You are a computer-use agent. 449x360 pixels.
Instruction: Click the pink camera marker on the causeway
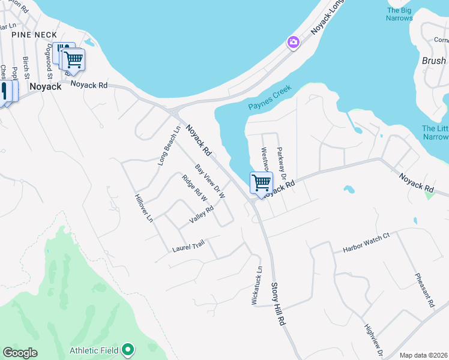294,42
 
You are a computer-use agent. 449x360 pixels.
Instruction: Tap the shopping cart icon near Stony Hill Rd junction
261,182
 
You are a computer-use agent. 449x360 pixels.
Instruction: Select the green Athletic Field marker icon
127,349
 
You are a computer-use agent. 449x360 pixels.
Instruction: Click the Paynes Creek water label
270,98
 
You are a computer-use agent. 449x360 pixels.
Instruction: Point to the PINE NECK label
32,35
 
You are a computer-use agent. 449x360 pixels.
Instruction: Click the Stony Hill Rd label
277,305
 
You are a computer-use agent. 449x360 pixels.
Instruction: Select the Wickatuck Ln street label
256,286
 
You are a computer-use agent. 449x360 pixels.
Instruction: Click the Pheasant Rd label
424,290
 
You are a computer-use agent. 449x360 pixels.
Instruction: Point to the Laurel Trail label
188,245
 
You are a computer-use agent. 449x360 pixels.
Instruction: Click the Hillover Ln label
145,208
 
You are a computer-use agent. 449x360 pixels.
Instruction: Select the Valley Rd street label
202,215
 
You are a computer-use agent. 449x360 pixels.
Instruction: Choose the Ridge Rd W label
194,188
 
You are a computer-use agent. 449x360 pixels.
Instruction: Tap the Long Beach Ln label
169,146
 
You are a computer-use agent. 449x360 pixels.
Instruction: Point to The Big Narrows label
400,14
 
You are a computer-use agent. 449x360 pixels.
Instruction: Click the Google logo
20,353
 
